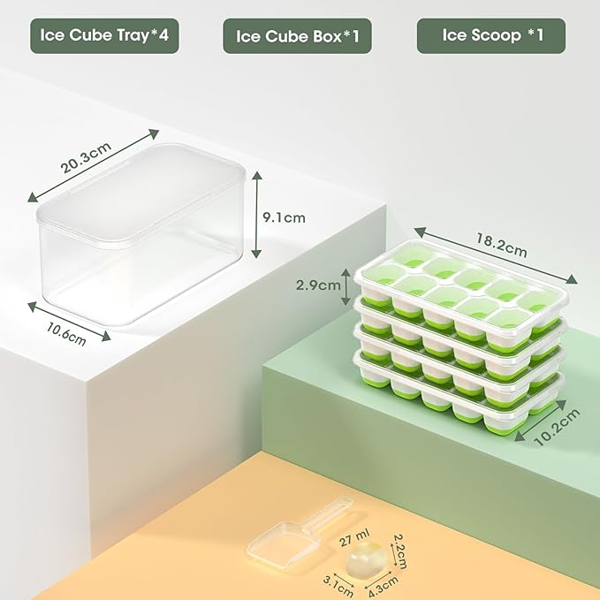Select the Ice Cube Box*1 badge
coord(297,36)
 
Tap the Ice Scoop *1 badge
coord(491,36)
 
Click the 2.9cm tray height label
coord(319,285)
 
